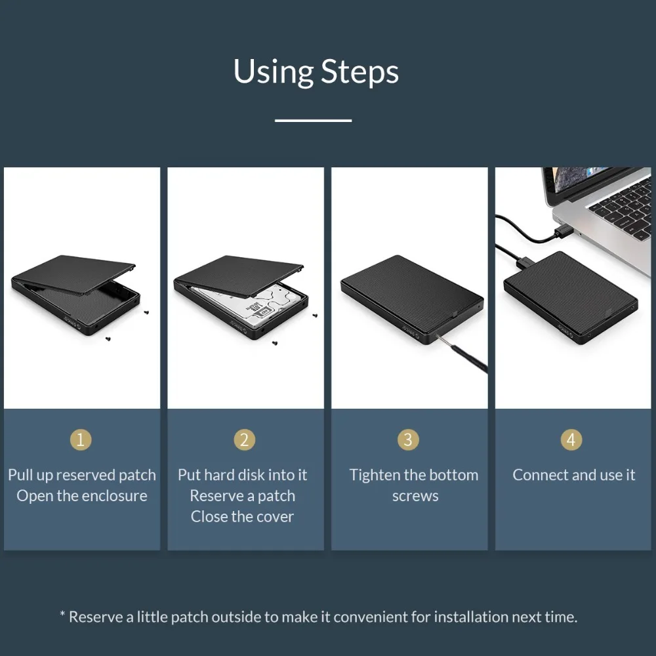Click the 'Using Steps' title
316,72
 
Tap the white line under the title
313,120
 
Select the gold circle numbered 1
81,440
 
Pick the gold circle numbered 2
244,440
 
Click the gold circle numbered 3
408,440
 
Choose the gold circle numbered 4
571,440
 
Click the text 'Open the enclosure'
82,496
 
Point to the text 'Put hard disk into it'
242,475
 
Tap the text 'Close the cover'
242,517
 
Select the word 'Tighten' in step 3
375,475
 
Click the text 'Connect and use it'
573,475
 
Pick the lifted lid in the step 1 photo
75,273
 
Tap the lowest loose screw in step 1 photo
107,338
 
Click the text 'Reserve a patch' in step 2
242,496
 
